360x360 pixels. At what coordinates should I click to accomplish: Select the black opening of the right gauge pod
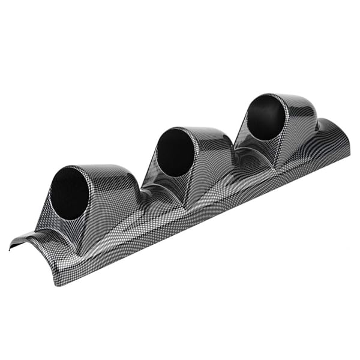coord(266,118)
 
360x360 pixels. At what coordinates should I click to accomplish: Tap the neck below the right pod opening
coord(273,153)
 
